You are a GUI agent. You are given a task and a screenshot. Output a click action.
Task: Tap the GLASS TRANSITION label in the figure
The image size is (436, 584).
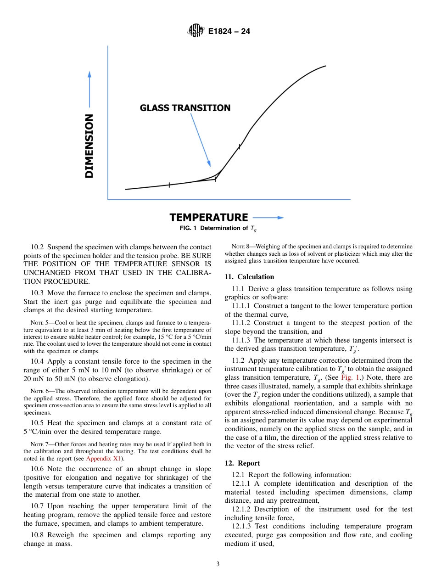click(x=185, y=108)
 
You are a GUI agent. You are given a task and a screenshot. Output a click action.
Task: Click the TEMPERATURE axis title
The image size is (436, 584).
click(x=209, y=217)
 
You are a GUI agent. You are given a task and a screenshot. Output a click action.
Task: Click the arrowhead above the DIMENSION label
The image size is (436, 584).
click(x=89, y=74)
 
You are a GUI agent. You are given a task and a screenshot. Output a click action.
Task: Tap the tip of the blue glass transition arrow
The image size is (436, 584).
click(x=210, y=165)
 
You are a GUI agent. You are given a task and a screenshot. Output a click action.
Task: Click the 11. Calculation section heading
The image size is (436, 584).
click(x=249, y=277)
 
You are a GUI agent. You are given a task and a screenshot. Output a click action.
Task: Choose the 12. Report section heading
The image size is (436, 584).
click(x=242, y=463)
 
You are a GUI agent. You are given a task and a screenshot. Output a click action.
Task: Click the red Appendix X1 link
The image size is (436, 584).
click(x=105, y=458)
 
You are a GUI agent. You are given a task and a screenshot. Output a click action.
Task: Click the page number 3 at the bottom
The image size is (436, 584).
click(x=218, y=564)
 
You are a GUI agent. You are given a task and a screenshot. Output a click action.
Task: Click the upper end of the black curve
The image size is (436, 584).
click(x=325, y=66)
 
